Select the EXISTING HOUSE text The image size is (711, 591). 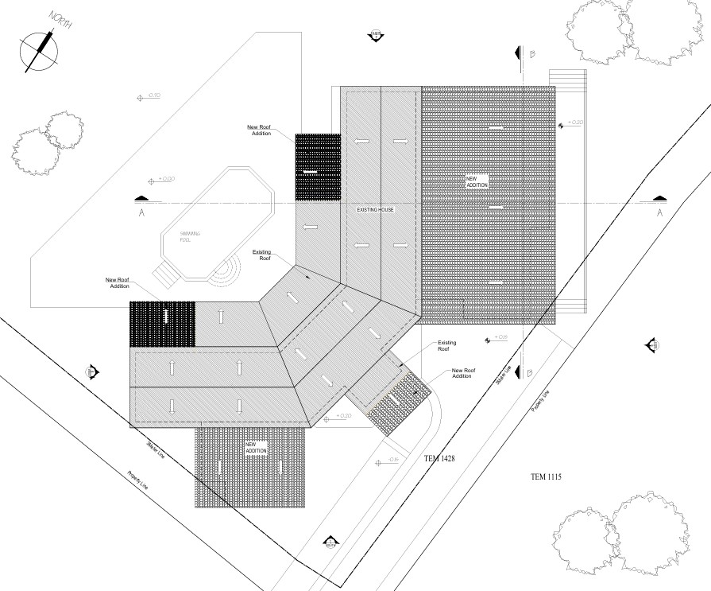coord(376,209)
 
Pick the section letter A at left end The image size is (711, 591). coord(141,213)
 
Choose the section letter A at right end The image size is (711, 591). coord(659,213)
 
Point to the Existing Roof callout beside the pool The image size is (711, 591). coord(262,255)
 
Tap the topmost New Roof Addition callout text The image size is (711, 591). coord(260,130)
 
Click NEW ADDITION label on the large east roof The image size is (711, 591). coord(477,181)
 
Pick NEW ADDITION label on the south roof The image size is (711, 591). coord(257,447)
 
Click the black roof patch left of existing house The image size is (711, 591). coord(318,167)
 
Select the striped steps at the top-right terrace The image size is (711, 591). coord(567,80)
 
